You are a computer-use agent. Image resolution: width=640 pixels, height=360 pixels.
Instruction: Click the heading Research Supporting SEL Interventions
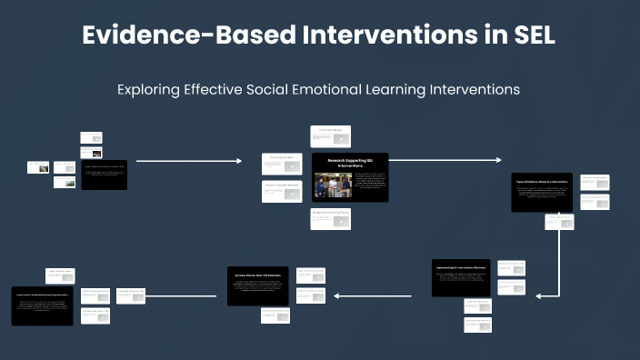point(350,162)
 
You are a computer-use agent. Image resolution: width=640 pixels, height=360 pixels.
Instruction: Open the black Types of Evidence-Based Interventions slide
point(542,192)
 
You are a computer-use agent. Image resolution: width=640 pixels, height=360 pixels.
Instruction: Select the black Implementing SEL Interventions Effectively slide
point(460,277)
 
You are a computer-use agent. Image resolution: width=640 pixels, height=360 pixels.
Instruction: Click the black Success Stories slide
point(257,285)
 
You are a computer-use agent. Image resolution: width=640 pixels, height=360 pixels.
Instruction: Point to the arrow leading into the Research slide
point(189,161)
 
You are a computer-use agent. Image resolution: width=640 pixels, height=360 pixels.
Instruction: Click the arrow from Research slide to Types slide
point(445,160)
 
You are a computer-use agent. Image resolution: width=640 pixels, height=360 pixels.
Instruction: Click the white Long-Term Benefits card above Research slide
point(330,135)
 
